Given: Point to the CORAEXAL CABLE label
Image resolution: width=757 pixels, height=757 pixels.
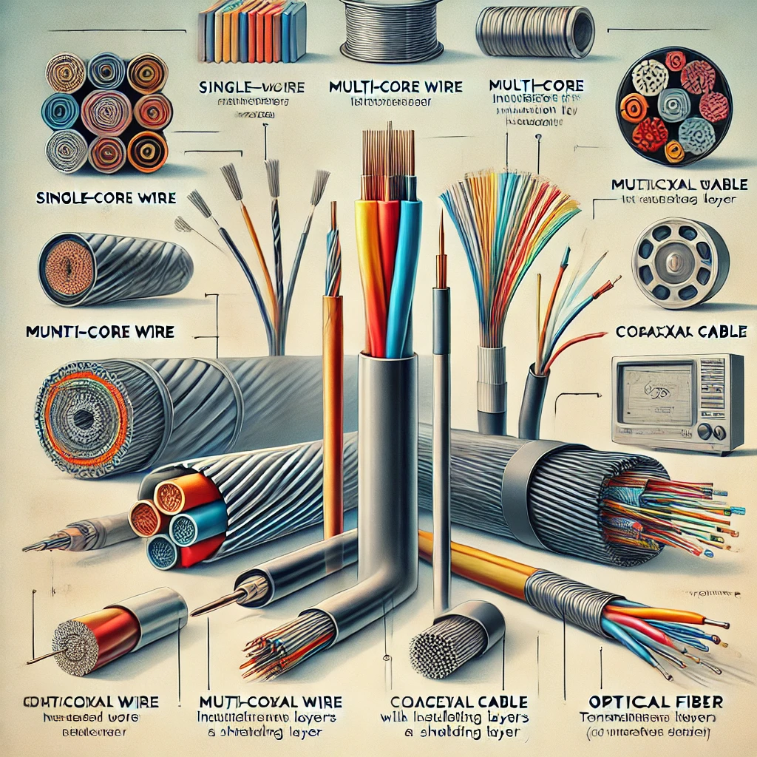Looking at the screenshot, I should tap(680, 332).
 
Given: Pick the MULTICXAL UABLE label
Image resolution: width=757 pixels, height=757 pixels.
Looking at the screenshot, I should tap(681, 184).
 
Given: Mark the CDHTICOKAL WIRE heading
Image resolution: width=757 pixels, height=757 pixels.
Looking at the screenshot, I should tap(92, 700).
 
